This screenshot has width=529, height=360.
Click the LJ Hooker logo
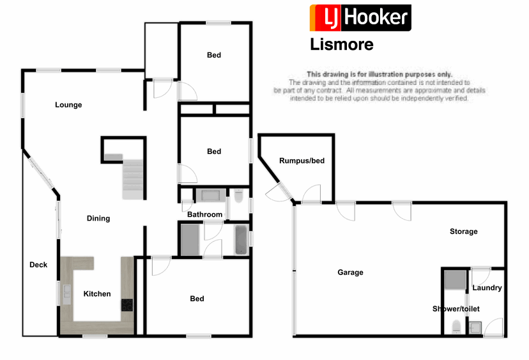[360, 18]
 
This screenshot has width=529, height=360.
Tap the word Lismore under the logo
[341, 45]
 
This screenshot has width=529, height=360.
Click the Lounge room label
[68, 105]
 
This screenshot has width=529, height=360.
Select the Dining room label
[98, 219]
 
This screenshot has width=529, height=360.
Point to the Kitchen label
[97, 294]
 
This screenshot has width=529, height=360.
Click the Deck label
[38, 265]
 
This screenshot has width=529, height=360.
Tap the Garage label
[350, 272]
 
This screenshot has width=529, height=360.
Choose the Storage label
[463, 231]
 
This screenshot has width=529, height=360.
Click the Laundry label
[487, 288]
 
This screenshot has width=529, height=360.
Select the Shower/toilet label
[456, 309]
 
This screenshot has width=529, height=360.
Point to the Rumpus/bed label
[302, 160]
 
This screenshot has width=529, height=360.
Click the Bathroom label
[204, 215]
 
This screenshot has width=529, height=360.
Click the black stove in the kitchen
[126, 305]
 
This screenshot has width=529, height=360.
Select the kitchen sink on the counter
[67, 295]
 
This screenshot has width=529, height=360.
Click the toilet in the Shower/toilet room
[456, 327]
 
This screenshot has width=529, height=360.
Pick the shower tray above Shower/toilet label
[455, 280]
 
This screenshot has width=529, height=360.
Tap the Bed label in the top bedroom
[214, 55]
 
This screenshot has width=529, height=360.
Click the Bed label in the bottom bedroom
[197, 299]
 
